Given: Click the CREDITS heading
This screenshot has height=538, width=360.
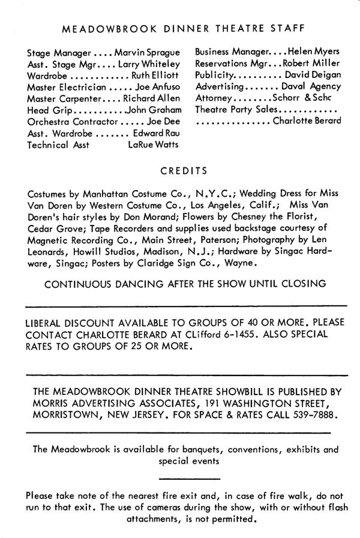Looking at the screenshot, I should pos(184,171).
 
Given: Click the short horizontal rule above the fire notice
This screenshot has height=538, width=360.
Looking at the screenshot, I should pos(190,478).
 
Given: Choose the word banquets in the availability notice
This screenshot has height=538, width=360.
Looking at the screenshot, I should pos(196,449).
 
